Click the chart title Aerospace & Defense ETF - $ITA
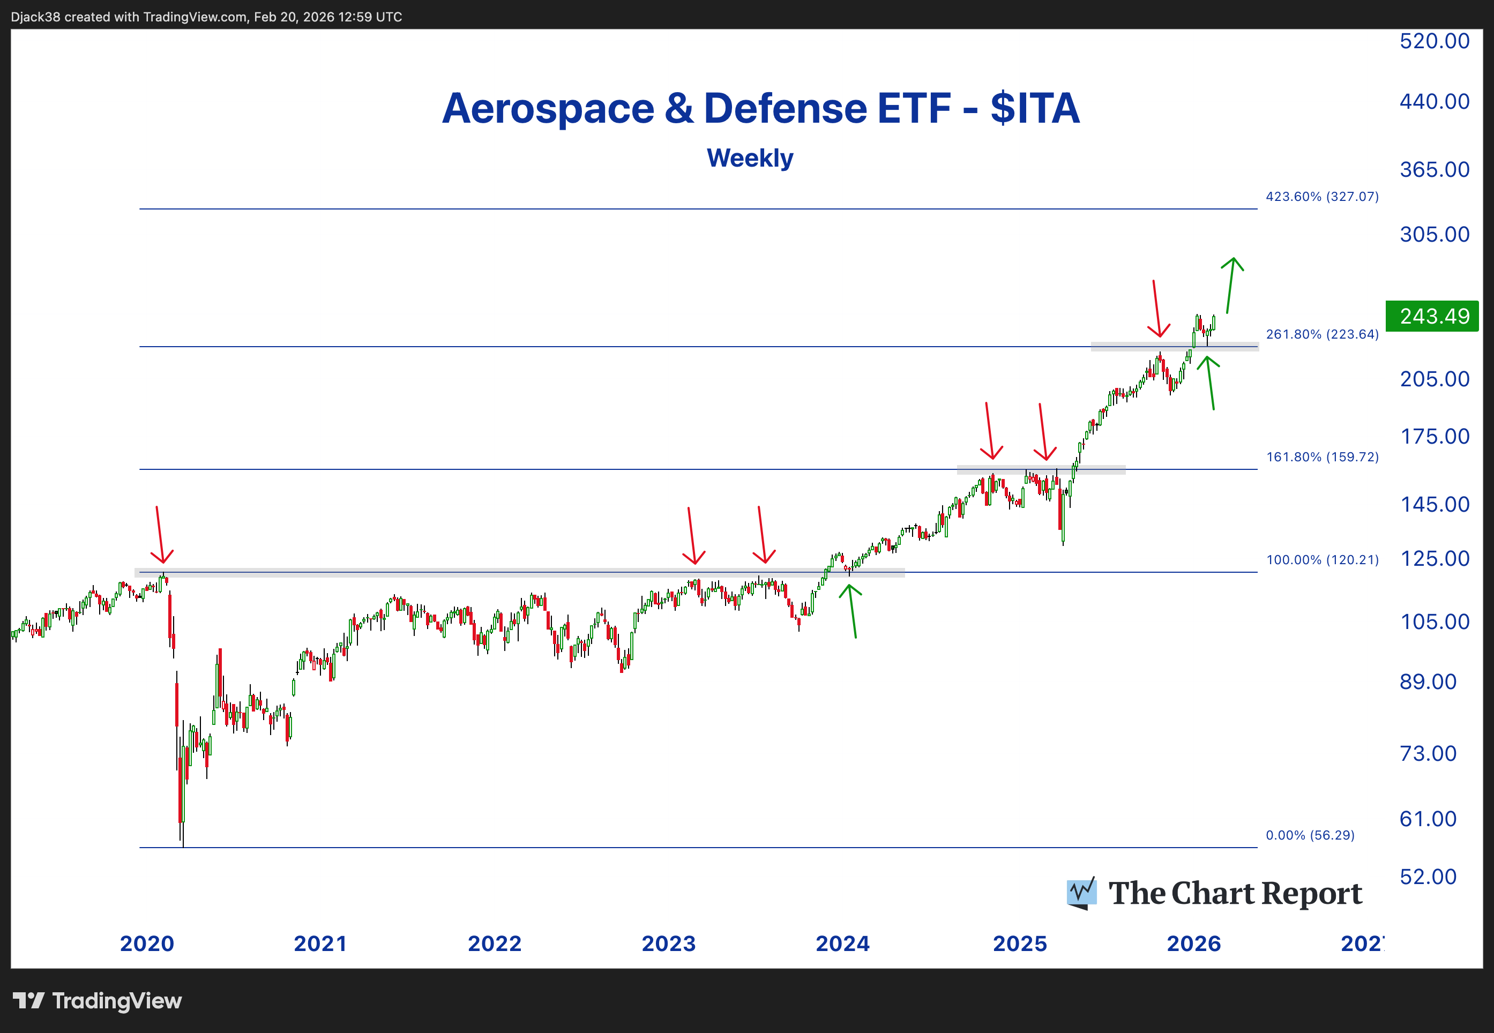point(760,108)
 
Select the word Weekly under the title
point(750,158)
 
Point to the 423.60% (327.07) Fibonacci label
point(1322,196)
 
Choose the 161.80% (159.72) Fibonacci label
point(1322,457)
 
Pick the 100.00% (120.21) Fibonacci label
point(1322,560)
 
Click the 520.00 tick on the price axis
point(1434,41)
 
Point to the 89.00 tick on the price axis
point(1428,682)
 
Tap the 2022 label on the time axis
point(495,944)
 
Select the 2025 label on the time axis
point(1020,944)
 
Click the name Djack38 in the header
point(35,17)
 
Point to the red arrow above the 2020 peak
point(159,536)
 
